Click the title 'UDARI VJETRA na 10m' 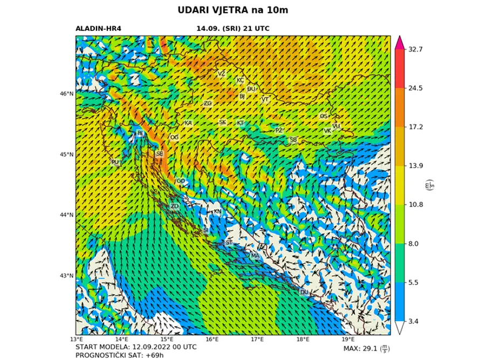(x=236, y=10)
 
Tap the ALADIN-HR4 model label (x=98, y=29)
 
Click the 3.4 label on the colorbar (x=415, y=321)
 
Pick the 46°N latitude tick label (x=66, y=94)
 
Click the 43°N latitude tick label (x=66, y=276)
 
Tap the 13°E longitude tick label (x=76, y=340)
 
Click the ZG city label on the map (x=208, y=103)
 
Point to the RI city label (x=140, y=133)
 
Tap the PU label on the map (x=115, y=162)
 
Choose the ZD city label (x=174, y=206)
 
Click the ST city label (x=229, y=243)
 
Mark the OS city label (x=324, y=116)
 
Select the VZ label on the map (x=221, y=73)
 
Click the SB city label (x=293, y=140)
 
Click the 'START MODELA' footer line (x=136, y=347)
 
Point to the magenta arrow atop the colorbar (x=400, y=43)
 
